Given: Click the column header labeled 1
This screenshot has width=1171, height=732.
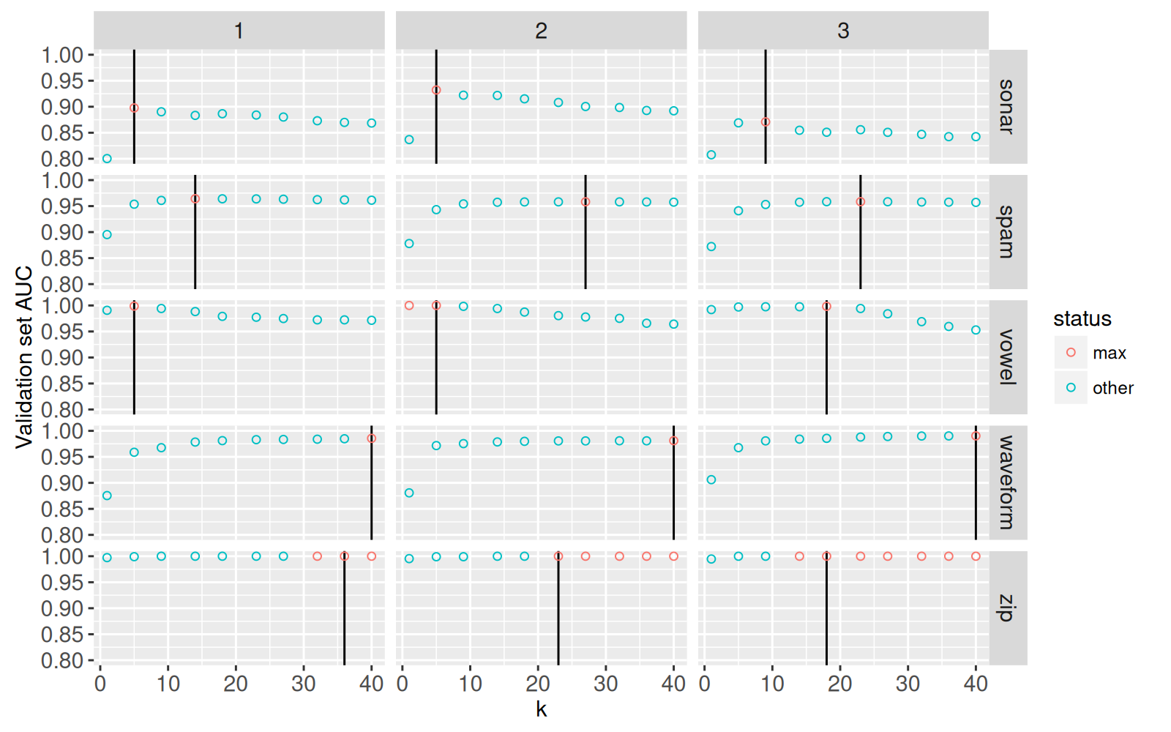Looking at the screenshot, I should [x=239, y=31].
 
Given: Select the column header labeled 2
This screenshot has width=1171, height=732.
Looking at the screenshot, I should [x=541, y=31].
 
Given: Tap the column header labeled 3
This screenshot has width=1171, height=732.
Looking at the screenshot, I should [x=843, y=31].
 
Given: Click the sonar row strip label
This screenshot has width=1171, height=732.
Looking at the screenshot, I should [x=1008, y=107].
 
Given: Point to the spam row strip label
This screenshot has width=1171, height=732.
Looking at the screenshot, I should [x=1008, y=232].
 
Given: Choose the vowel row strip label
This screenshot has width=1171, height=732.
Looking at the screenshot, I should [x=1008, y=357].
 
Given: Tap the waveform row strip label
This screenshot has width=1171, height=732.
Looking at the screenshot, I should [x=1008, y=482].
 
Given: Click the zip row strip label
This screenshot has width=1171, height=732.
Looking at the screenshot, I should [x=1008, y=608].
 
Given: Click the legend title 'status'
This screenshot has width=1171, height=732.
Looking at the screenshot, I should [x=1082, y=319].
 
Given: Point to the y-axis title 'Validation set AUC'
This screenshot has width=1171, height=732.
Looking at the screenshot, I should [x=24, y=357].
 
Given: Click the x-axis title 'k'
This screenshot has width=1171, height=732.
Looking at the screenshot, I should [x=541, y=709].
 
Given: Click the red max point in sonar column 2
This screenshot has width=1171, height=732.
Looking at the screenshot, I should [x=436, y=90].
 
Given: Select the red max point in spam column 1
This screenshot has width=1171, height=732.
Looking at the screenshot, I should [x=195, y=199].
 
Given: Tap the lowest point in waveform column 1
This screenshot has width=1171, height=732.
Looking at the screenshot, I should [x=107, y=496].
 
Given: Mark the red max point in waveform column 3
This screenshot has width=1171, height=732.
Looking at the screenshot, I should [x=976, y=436].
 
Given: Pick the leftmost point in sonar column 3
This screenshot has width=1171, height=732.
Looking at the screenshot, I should [x=711, y=154].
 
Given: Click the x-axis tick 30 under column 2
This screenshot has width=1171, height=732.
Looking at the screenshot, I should [x=605, y=684].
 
